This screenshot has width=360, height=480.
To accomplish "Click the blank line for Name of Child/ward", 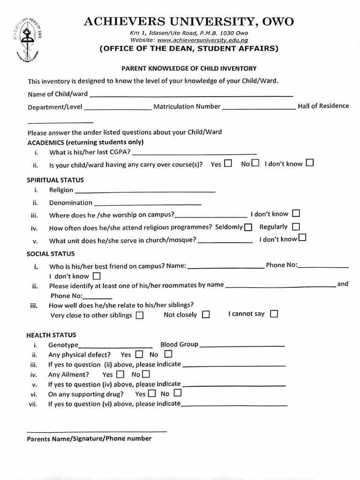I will pos(191,95).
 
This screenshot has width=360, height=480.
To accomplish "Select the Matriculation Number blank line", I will pos(259,107).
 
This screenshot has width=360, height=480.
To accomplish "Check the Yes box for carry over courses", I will pos(228,164).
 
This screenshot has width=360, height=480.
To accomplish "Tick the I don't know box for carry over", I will pos(309,163).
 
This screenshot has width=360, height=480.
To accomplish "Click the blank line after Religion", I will pos(145,191).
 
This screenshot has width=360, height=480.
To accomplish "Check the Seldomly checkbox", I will pos(248,227).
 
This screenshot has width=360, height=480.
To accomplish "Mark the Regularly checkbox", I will pos(296,226).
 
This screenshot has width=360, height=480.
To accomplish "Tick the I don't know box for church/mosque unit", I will pos(302,238).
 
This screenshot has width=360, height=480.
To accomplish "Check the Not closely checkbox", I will pos(206,315).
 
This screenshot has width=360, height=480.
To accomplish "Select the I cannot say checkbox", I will pos(274,314).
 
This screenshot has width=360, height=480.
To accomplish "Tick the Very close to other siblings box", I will pos(139,315).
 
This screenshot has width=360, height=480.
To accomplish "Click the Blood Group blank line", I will pos(242,345).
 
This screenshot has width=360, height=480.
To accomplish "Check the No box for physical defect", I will pos(168,354).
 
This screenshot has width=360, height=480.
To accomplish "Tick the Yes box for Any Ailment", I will pos(120,375).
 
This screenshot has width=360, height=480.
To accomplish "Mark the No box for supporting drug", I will pos(177,393).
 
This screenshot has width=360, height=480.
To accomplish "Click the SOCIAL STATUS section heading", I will pos(51,254).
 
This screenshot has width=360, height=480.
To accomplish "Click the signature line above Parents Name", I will pos(97,431).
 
